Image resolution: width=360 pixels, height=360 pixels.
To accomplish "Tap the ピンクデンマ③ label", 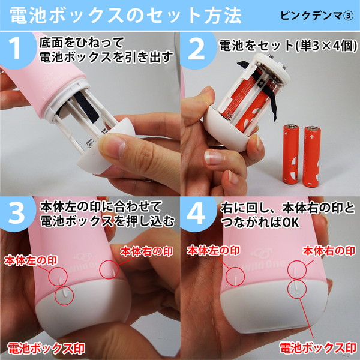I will [317, 15].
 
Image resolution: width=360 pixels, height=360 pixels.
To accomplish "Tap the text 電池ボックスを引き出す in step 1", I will [106, 58].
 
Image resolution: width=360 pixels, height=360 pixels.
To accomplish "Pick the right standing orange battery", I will [312, 155].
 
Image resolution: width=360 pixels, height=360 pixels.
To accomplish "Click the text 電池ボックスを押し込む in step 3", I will [108, 221].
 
